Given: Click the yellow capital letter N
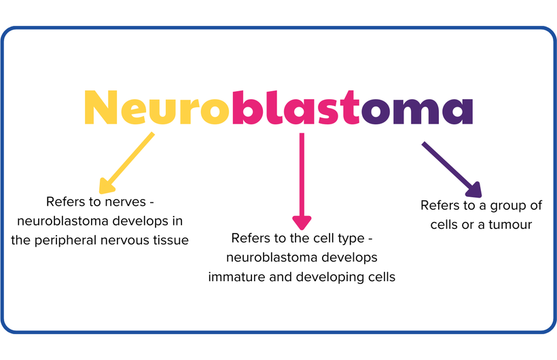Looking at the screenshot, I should coord(102,107).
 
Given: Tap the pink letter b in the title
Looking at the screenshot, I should coord(246,106).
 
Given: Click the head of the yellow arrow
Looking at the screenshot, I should coord(106,185).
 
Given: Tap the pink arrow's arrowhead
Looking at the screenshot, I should coord(302,221).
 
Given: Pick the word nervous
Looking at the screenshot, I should coord(128,240).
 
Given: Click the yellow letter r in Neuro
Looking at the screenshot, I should coord(190,111).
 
